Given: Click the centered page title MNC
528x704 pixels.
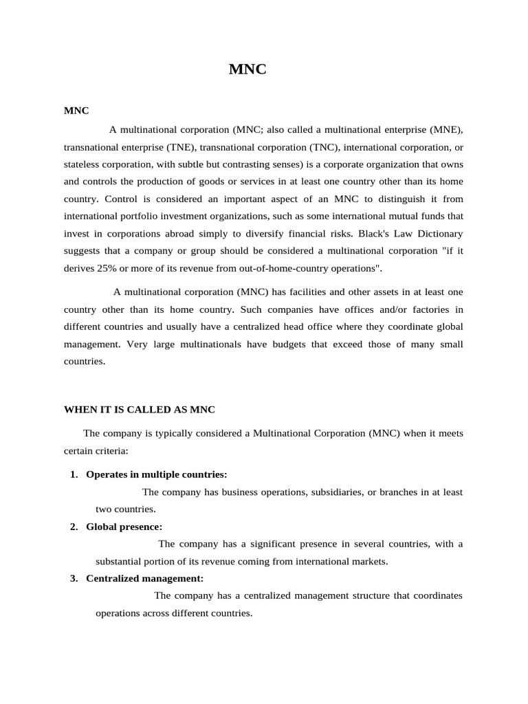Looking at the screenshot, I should click(247, 69).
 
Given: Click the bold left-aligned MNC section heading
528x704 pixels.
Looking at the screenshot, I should click(76, 110).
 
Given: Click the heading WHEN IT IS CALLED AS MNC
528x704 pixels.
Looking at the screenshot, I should click(140, 410).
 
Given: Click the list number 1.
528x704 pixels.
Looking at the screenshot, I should click(74, 474).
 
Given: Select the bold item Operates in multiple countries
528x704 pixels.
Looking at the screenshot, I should click(156, 474).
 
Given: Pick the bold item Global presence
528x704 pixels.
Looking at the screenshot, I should click(124, 527).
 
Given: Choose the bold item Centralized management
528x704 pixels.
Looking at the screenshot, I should click(144, 578).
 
